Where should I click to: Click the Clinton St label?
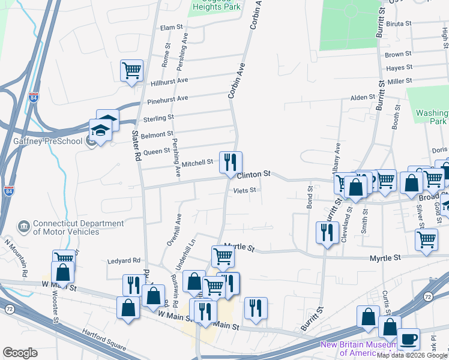(254, 175)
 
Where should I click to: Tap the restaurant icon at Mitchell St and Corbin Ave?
(231, 161)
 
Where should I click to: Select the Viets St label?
(245, 190)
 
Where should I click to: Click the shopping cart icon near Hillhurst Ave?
(131, 70)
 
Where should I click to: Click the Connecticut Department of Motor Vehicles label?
(66, 227)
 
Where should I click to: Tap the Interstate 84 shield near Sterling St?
(33, 97)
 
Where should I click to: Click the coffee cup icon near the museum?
(409, 339)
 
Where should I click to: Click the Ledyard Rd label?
(123, 260)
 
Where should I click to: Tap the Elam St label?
(171, 28)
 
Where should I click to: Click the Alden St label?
(363, 97)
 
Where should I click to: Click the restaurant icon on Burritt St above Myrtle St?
(326, 232)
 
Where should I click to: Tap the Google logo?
(20, 353)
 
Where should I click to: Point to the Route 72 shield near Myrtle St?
(427, 297)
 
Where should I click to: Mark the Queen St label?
(157, 151)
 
